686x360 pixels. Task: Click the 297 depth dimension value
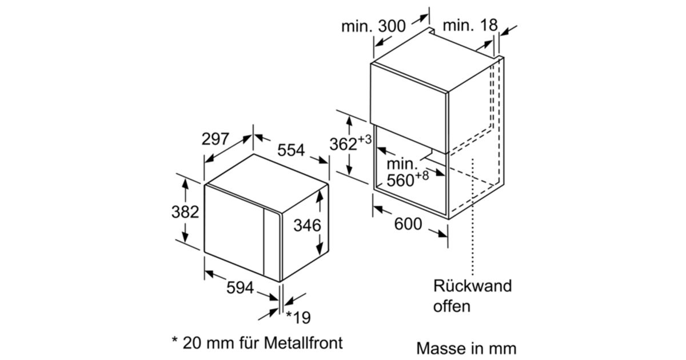(x=216, y=139)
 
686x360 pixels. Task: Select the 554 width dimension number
(x=291, y=150)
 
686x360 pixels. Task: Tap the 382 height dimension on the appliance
(x=185, y=212)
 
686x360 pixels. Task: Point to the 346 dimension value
(x=307, y=226)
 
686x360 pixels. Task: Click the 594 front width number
(x=240, y=288)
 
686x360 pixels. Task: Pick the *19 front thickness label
(x=298, y=318)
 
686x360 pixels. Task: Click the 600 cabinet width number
(x=408, y=224)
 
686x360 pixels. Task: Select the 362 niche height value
(x=344, y=144)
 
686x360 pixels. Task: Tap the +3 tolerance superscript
(x=365, y=139)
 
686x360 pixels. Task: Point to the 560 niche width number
(x=400, y=181)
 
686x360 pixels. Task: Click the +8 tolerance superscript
(x=422, y=176)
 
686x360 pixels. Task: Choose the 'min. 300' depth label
(x=373, y=26)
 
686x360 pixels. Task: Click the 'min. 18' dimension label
(x=470, y=25)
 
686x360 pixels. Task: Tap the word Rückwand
(x=473, y=286)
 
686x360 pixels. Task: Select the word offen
(x=452, y=306)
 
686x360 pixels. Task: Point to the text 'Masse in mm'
(x=466, y=349)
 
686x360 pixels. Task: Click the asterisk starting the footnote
(x=175, y=340)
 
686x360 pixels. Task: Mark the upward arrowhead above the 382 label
(x=185, y=184)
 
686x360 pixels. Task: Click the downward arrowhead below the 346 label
(x=320, y=249)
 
